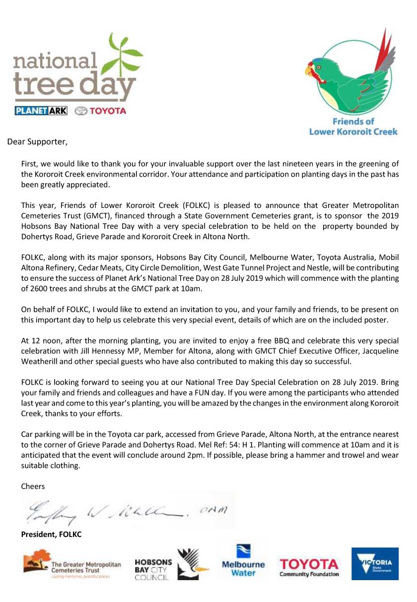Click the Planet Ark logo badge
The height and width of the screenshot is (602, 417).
coord(41,111)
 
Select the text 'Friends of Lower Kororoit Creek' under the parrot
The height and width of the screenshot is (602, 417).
coord(353,127)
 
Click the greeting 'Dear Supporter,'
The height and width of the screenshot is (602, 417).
coord(37,142)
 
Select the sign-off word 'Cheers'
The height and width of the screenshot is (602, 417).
coord(33,486)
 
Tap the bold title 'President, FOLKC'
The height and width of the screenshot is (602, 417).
coord(51,535)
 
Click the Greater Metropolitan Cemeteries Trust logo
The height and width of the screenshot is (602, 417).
coord(72,564)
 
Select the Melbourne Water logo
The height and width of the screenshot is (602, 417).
coord(243,561)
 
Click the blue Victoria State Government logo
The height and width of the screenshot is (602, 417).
coord(374,563)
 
